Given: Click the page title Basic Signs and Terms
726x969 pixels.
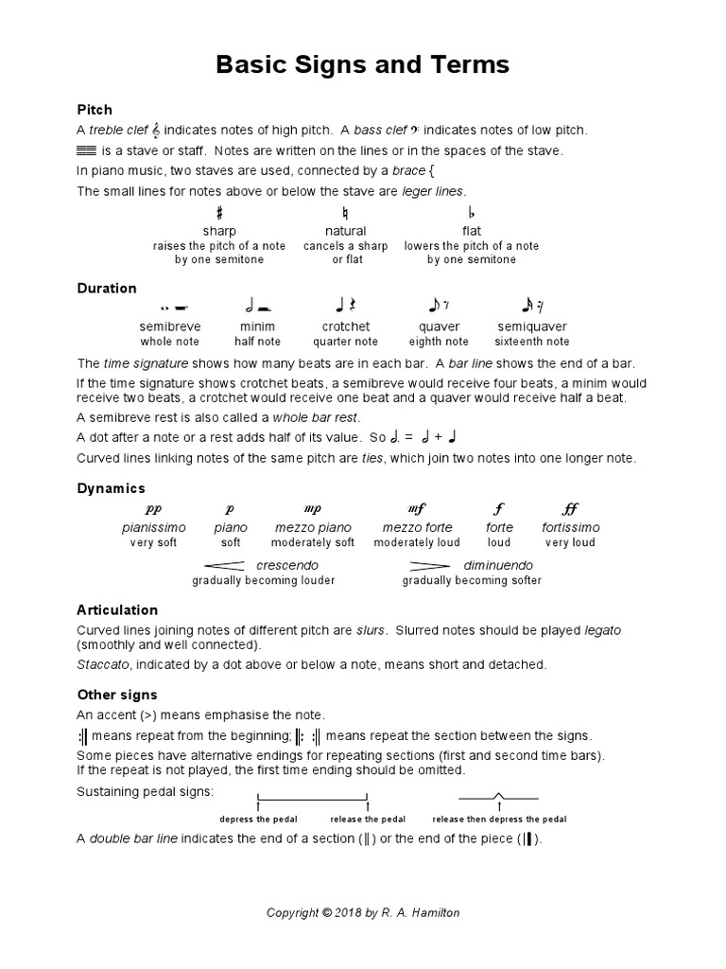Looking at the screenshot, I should coord(363,64).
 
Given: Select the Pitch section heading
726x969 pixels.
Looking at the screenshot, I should coord(95,110).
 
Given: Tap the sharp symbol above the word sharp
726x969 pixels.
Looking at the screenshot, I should coord(219,214).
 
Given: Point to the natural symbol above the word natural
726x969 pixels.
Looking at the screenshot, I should coord(346,214).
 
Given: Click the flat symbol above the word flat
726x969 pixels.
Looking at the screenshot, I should coord(472,214).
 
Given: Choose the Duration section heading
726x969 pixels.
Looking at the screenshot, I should coord(107,288).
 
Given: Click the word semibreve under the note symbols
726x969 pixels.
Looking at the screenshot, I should coord(170,326).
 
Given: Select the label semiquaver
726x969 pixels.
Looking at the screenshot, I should coord(532,326).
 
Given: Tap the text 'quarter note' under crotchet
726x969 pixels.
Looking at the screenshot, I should coord(346,342).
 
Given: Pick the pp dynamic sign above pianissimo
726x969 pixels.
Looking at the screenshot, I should coord(154,508).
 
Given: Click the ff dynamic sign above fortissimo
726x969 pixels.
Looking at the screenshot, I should coord(570,508).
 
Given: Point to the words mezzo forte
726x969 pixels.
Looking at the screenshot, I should coord(417,527).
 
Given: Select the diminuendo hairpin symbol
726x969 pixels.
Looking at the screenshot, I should coord(429,565).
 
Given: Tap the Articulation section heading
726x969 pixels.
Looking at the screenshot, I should coord(117,609).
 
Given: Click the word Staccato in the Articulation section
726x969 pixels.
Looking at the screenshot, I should coord(101,664).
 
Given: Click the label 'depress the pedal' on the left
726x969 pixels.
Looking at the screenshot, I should coord(258,819).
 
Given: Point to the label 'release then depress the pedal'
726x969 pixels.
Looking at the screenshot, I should coord(499,819).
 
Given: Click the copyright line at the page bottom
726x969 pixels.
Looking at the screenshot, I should coord(363,912).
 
